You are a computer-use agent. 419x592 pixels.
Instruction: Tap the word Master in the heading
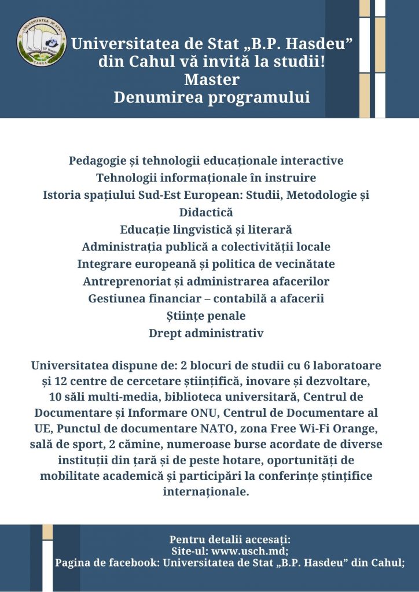coord(211,80)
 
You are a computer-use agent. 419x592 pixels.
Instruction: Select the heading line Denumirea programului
coord(212,98)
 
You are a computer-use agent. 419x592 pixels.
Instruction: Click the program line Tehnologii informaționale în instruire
coord(206,177)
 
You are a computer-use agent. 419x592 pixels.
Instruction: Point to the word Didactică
coord(206,212)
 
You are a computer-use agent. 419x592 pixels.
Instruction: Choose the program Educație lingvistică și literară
coord(206,229)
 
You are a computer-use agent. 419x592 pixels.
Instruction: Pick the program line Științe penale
coord(206,316)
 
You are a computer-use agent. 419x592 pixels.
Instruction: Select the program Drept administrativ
coord(206,333)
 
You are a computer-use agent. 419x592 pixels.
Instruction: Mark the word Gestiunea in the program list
coord(117,298)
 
